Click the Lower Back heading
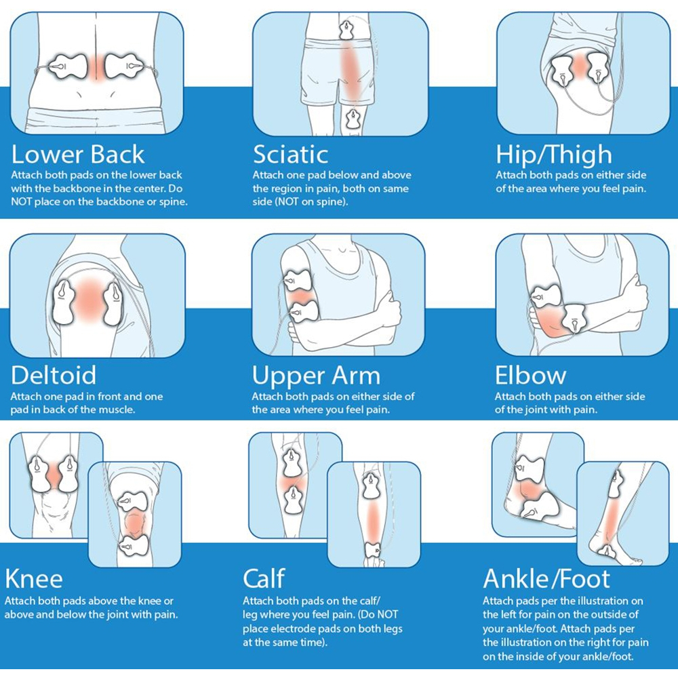(78, 155)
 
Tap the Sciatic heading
(291, 155)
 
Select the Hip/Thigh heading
(554, 155)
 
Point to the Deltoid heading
(53, 375)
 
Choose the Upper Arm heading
(316, 376)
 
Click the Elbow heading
(530, 375)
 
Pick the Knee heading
(34, 578)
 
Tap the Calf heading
(264, 578)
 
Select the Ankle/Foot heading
(546, 579)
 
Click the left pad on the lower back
(68, 66)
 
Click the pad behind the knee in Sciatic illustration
(353, 119)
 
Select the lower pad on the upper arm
(303, 312)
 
